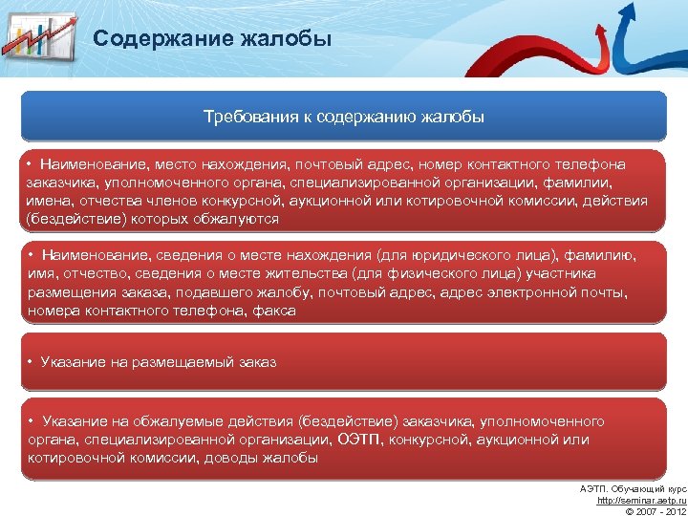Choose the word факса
[273, 311]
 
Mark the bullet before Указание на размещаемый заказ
[31, 362]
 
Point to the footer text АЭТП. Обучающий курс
[633, 489]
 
